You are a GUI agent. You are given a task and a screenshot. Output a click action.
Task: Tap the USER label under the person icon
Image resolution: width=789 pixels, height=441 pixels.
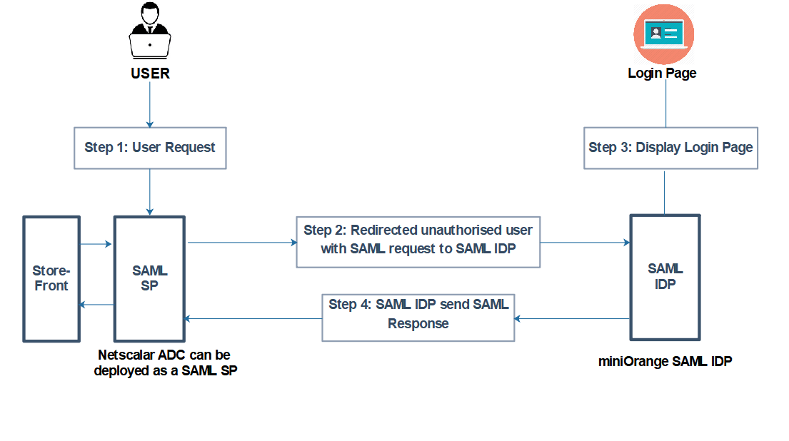pos(150,73)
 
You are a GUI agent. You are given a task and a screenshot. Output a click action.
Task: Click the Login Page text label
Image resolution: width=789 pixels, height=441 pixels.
pos(662,73)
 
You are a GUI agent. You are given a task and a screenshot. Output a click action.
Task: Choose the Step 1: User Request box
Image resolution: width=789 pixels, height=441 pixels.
pos(150,148)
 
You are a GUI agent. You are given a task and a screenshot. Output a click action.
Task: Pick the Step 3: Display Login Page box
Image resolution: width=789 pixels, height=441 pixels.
pos(670,148)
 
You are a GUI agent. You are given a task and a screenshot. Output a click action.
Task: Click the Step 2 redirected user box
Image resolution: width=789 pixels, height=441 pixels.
pos(418,241)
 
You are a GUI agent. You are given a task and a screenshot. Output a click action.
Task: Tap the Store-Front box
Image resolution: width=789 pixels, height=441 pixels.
pos(51,278)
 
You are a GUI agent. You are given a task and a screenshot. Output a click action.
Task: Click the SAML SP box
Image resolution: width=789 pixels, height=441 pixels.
pos(150,278)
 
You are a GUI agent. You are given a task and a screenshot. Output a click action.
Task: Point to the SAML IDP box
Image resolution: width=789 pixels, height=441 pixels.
pos(665,277)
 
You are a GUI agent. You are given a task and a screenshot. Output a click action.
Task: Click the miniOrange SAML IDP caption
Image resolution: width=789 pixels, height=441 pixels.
pos(665,361)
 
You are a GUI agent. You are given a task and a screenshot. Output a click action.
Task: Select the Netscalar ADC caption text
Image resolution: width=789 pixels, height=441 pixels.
pos(165,363)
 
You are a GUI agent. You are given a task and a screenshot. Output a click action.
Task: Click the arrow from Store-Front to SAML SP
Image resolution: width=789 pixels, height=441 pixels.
pos(96,244)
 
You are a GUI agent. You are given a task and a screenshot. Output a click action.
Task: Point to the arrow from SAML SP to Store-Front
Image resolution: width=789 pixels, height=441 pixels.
pos(96,305)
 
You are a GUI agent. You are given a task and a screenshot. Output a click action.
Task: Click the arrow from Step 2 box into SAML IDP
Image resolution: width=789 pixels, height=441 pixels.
pos(585,243)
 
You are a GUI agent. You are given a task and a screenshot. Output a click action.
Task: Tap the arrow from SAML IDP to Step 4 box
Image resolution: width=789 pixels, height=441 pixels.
pos(572,318)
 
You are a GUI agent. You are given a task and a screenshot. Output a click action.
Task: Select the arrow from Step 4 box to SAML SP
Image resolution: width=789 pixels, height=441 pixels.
pos(254,318)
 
